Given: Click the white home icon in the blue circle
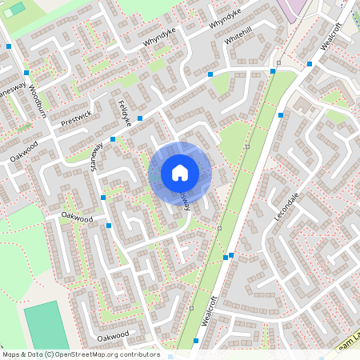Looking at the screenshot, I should [179, 173].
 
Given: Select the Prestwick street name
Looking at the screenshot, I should [77, 118].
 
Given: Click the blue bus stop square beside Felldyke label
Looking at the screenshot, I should [140, 118].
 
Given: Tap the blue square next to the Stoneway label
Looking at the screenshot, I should [113, 139].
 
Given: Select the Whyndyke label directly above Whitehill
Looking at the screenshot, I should [225, 18].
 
